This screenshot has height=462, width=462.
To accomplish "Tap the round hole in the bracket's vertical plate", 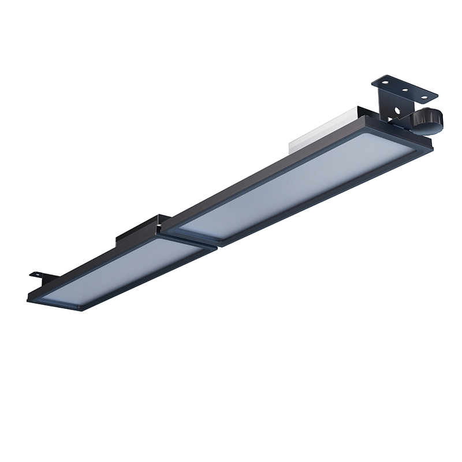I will click(397, 109).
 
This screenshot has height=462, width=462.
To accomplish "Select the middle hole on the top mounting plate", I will click(405, 90).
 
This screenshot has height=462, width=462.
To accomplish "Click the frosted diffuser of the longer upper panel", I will click(300, 185).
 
